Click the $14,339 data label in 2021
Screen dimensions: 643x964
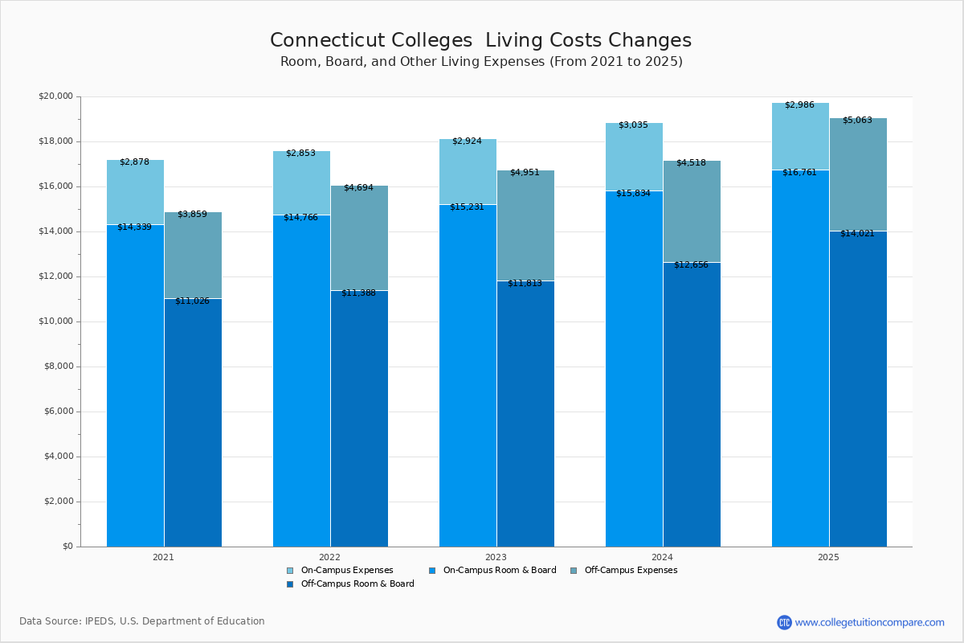(x=134, y=227)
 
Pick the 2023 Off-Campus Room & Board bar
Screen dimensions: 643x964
(x=525, y=414)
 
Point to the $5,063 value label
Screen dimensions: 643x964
(x=857, y=120)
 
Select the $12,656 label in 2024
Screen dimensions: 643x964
(x=691, y=264)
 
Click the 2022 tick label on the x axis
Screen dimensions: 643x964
(x=329, y=556)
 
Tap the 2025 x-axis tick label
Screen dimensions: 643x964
(x=828, y=556)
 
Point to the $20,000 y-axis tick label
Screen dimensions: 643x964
(x=55, y=96)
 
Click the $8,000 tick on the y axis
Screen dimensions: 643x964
(x=58, y=367)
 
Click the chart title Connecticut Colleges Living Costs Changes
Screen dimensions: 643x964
(x=480, y=41)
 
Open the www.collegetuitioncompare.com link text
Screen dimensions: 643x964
(x=869, y=622)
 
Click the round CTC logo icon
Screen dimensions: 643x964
(x=784, y=622)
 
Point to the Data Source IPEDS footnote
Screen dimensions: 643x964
(x=142, y=621)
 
